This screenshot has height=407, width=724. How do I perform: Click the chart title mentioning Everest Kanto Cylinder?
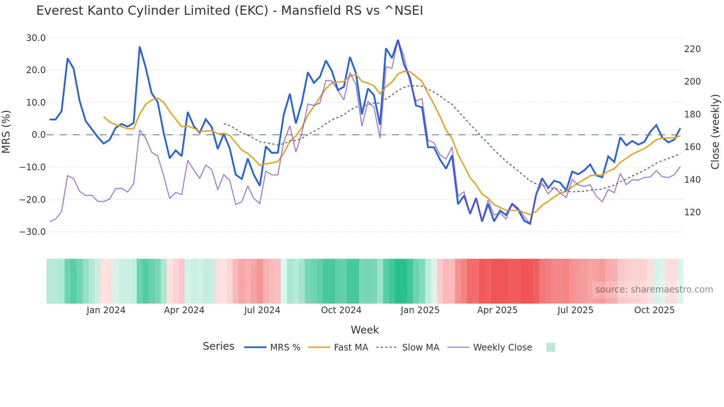(x=229, y=11)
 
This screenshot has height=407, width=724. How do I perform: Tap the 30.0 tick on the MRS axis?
(x=36, y=38)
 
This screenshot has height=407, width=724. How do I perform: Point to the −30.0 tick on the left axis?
(x=33, y=232)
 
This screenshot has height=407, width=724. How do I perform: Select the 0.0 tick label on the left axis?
(x=38, y=135)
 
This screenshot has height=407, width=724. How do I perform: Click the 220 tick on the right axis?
(x=692, y=49)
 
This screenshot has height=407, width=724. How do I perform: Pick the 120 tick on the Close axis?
(x=692, y=212)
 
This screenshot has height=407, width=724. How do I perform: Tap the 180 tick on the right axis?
(x=692, y=114)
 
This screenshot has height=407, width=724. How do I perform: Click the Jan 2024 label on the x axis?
(x=106, y=310)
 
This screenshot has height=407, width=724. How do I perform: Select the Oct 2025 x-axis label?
(x=654, y=310)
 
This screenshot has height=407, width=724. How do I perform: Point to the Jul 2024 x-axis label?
(x=262, y=310)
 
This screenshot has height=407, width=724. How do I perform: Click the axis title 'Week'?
(x=365, y=330)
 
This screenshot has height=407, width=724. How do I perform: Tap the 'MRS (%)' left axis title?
(x=6, y=132)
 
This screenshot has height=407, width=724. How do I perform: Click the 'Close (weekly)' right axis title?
(x=715, y=132)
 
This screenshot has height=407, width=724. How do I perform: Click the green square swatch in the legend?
(x=550, y=347)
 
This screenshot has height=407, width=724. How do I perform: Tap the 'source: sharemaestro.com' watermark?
(x=654, y=290)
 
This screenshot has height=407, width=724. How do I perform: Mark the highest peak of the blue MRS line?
(x=398, y=40)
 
